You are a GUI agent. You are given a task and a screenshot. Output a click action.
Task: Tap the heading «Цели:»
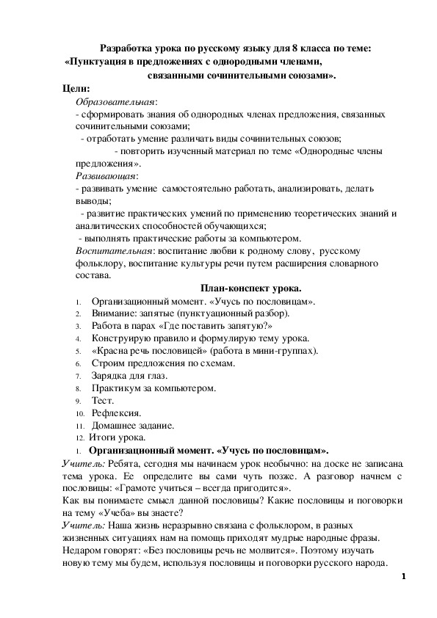point(77,89)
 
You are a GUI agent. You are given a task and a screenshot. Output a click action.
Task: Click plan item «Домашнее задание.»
point(133,425)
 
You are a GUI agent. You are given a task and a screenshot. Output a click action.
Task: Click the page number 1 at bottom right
point(404,578)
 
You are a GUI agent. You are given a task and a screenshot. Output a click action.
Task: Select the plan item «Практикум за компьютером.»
point(154,388)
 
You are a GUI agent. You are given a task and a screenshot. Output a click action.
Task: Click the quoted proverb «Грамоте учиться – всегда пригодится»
point(206,488)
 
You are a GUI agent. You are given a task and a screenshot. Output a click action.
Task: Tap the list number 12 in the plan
point(79,438)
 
